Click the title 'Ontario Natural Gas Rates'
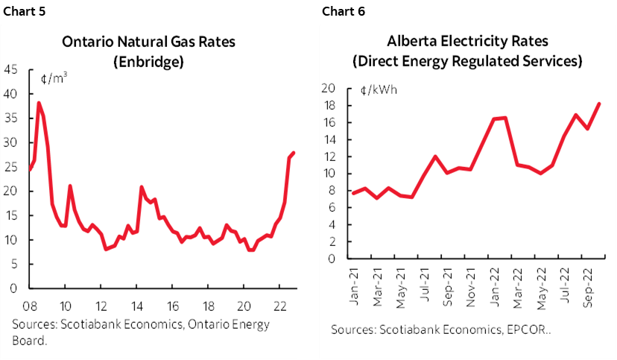(x=148, y=42)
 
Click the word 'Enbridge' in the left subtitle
(x=148, y=62)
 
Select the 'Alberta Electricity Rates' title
(x=467, y=42)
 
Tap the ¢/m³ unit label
(x=53, y=76)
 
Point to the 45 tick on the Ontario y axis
(x=11, y=70)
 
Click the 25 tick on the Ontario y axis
(x=11, y=167)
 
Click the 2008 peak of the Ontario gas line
(x=39, y=103)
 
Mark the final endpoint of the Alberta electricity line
(x=600, y=104)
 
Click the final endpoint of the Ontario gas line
(x=294, y=153)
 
